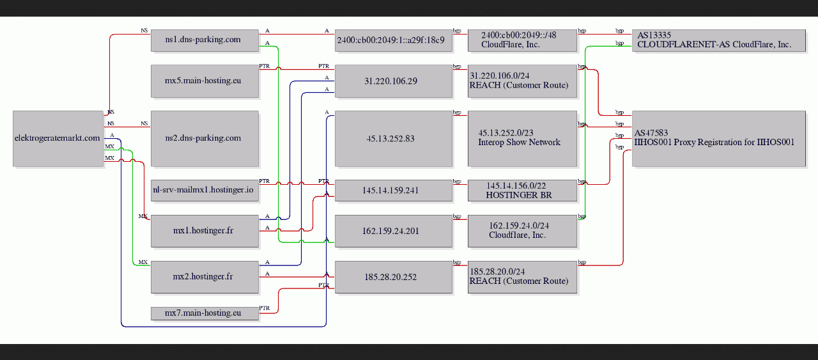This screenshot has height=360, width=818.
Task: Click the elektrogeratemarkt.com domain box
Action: pyautogui.click(x=58, y=139)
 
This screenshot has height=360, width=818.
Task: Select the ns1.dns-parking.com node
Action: pyautogui.click(x=204, y=40)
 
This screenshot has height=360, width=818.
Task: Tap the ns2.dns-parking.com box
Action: pyautogui.click(x=204, y=139)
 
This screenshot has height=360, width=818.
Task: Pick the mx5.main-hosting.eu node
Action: pyautogui.click(x=204, y=81)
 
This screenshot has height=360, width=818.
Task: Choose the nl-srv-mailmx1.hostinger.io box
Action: pyautogui.click(x=204, y=190)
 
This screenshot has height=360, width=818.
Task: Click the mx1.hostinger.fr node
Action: pyautogui.click(x=204, y=231)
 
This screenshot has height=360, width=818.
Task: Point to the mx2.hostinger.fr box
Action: pyautogui.click(x=204, y=277)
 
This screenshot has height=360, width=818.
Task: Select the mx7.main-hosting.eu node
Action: pyautogui.click(x=204, y=313)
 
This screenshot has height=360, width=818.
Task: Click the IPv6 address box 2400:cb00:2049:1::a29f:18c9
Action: pyautogui.click(x=393, y=40)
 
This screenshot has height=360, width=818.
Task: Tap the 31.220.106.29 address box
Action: pyautogui.click(x=393, y=81)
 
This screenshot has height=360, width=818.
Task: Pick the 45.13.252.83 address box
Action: pyautogui.click(x=393, y=139)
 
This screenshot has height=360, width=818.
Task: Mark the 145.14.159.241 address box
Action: pyautogui.click(x=393, y=190)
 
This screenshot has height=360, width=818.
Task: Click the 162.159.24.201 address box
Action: pyautogui.click(x=393, y=231)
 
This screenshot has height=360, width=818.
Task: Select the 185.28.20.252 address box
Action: pyautogui.click(x=393, y=277)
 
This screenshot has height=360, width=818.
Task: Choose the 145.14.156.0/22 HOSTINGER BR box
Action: pyautogui.click(x=522, y=190)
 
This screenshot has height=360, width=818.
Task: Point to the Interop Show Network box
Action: pyautogui.click(x=522, y=139)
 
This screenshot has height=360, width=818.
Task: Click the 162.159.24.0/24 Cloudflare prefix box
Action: pyautogui.click(x=522, y=231)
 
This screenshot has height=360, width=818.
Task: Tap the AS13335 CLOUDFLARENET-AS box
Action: pyautogui.click(x=719, y=40)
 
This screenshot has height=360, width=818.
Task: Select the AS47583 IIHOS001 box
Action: pyautogui.click(x=719, y=139)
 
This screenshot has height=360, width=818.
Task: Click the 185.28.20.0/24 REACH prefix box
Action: pyautogui.click(x=522, y=277)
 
